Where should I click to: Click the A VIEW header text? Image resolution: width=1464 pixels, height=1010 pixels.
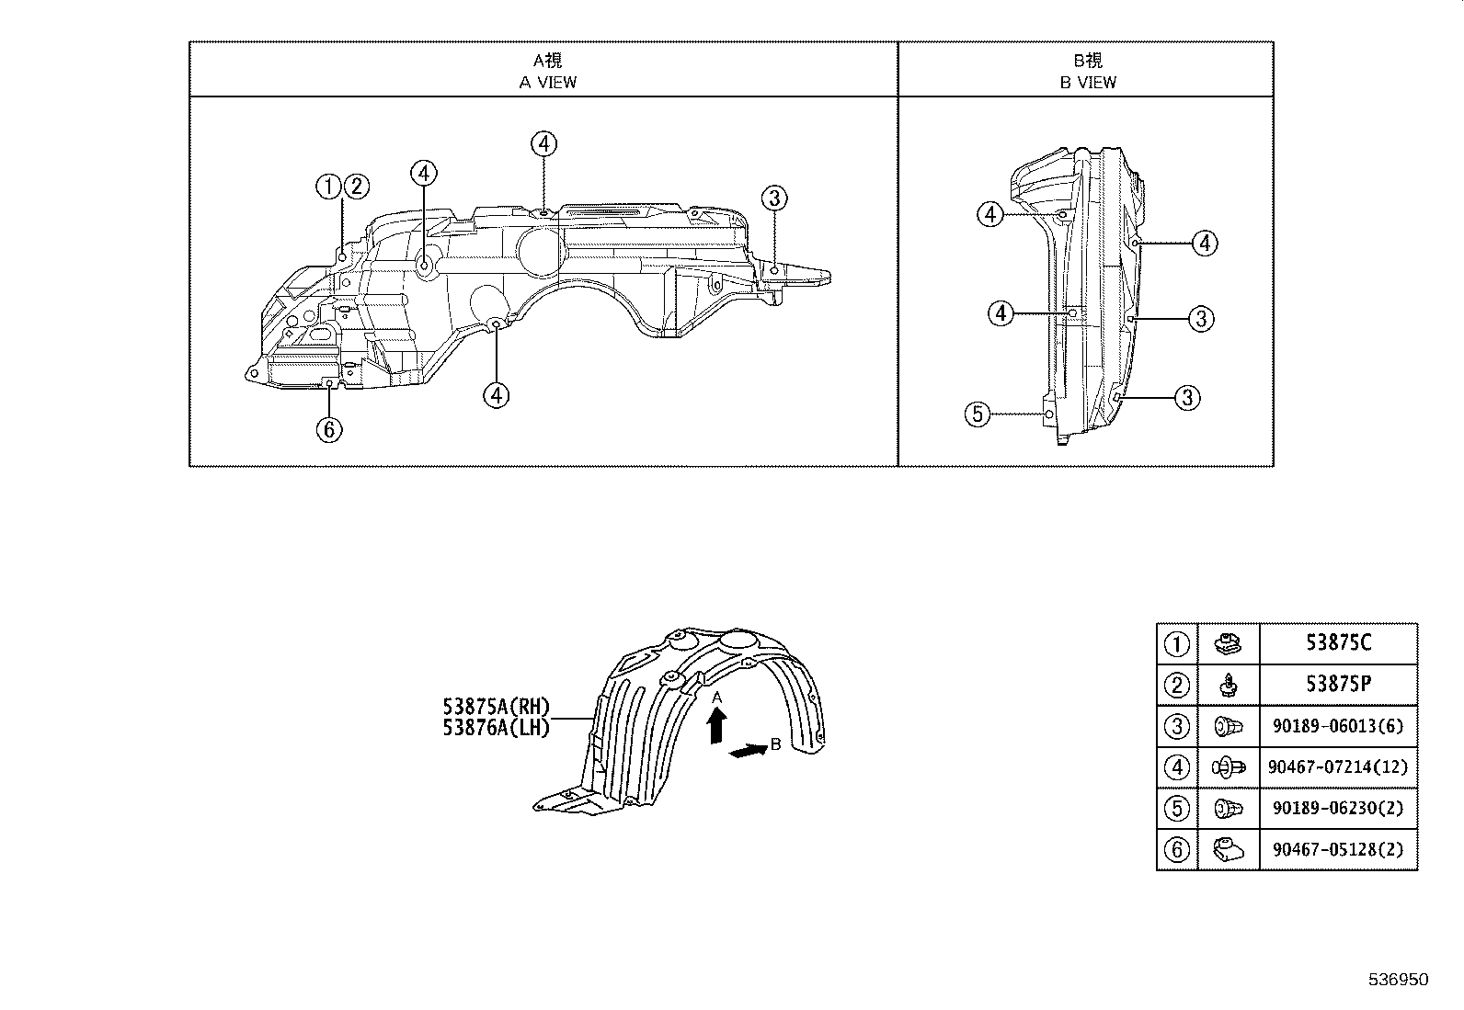click(x=548, y=82)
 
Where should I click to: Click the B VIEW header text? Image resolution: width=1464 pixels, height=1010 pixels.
click(x=1088, y=82)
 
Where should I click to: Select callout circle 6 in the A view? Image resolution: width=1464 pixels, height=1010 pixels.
click(x=329, y=429)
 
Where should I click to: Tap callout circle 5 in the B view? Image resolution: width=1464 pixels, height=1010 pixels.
click(x=977, y=414)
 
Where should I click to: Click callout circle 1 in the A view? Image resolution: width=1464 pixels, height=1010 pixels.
click(x=328, y=187)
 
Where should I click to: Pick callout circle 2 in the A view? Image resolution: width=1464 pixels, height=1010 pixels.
click(x=356, y=187)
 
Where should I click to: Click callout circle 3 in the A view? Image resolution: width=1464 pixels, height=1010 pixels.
click(x=773, y=198)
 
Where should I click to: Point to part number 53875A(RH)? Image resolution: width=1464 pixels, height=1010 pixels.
click(x=496, y=708)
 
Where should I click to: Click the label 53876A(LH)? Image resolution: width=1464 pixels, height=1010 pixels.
click(x=496, y=728)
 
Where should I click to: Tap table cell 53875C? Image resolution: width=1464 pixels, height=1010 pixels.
click(x=1338, y=643)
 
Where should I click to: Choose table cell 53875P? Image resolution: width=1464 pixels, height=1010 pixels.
click(x=1338, y=685)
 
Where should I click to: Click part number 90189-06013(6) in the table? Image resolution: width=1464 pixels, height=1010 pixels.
click(x=1338, y=726)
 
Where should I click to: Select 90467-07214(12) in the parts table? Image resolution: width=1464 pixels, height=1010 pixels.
click(x=1338, y=766)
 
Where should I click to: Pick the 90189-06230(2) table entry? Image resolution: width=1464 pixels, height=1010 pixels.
click(x=1338, y=808)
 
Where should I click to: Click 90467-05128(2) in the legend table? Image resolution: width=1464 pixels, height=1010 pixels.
click(x=1338, y=849)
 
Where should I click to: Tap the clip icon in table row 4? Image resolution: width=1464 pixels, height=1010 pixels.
click(x=1229, y=766)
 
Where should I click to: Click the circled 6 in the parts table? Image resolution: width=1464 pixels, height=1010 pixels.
click(x=1177, y=849)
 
